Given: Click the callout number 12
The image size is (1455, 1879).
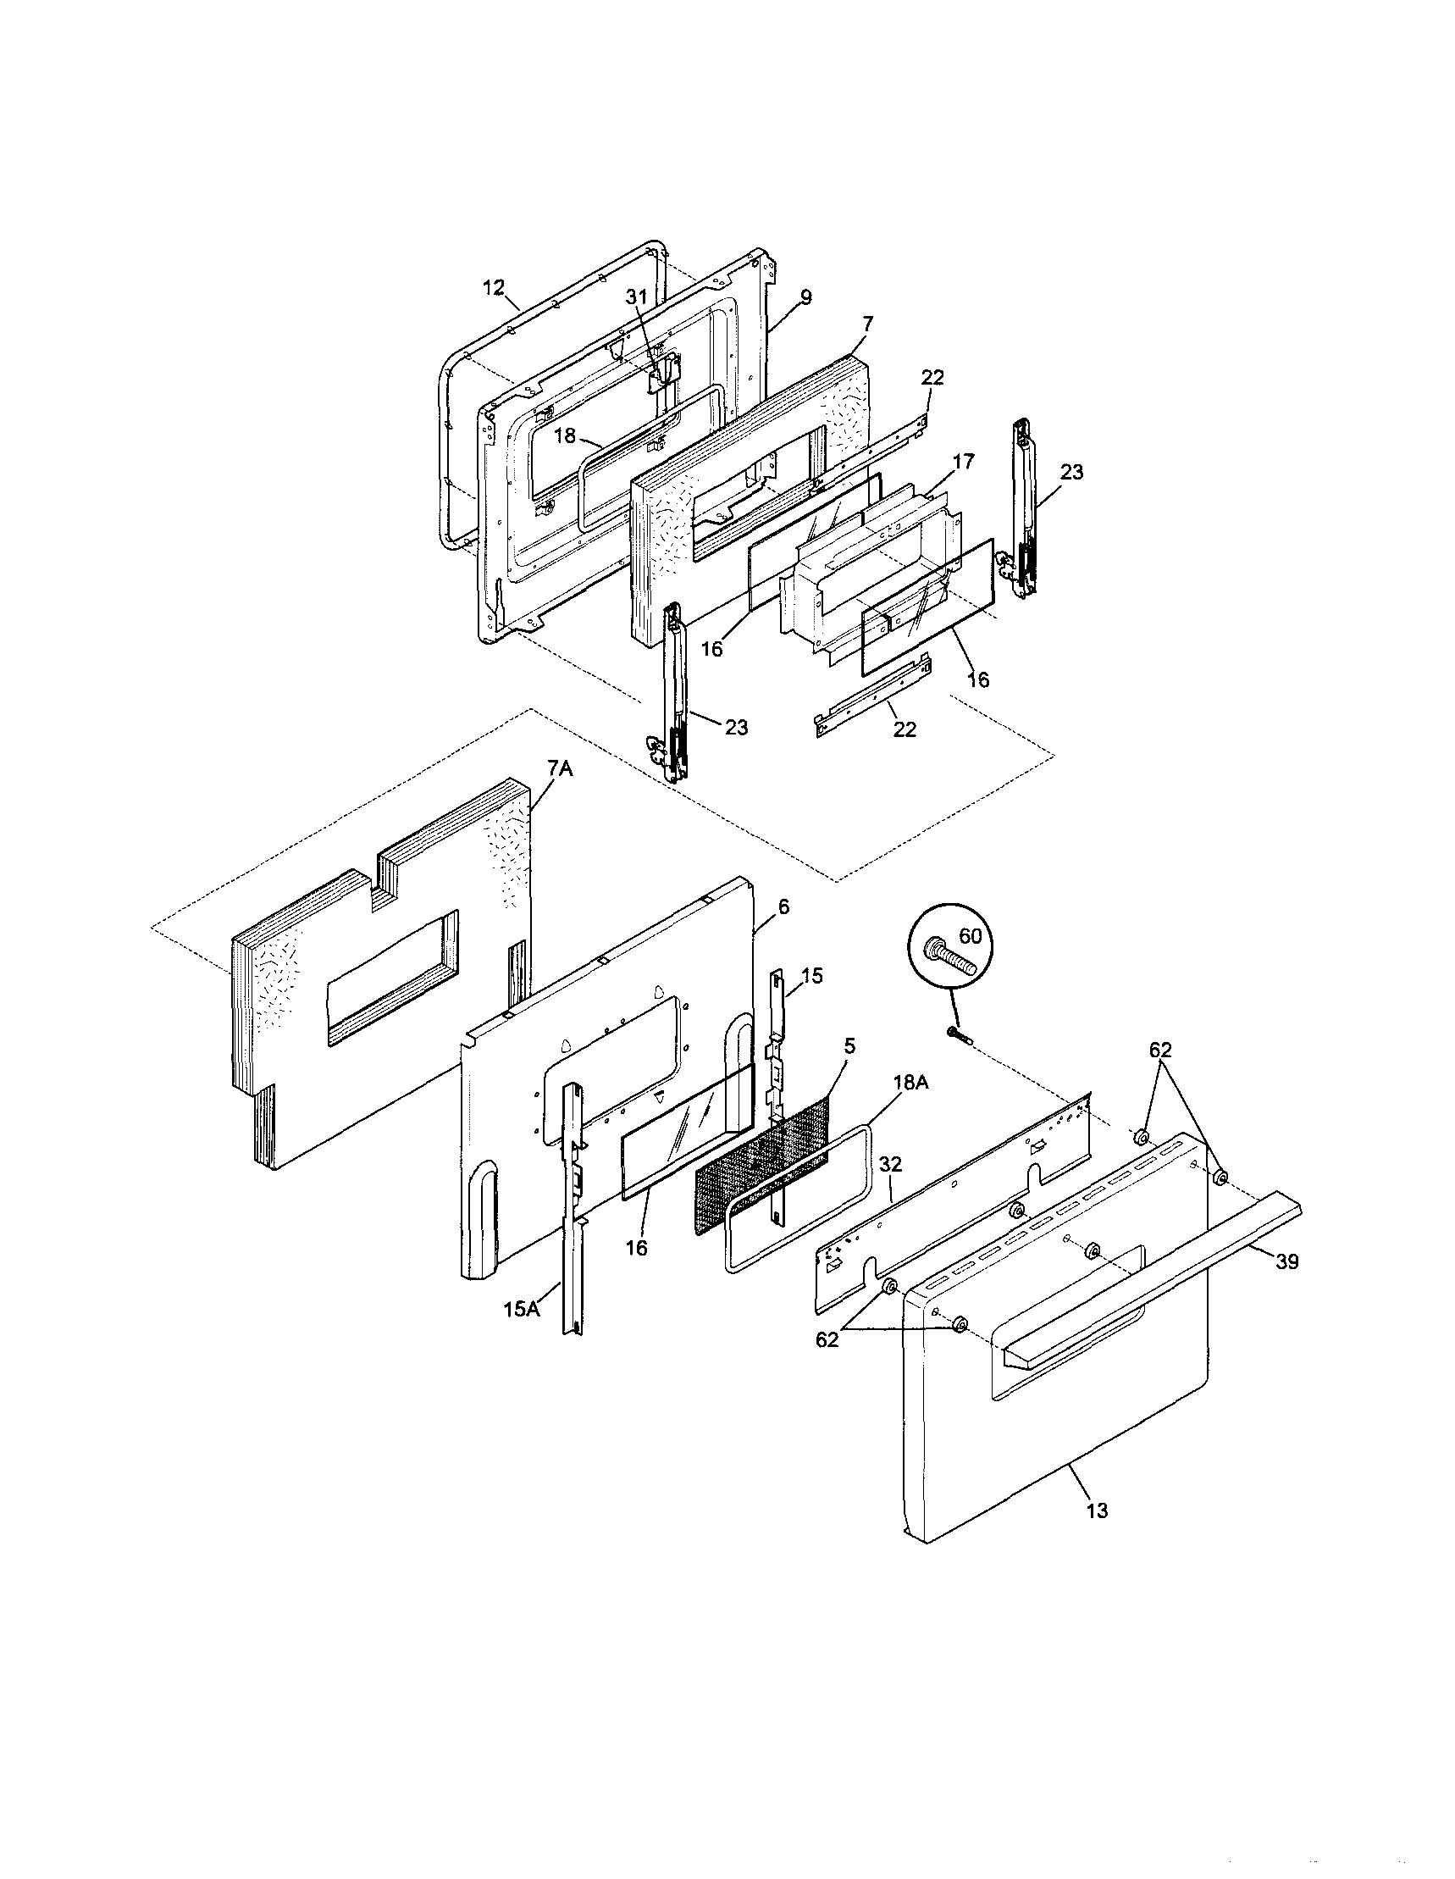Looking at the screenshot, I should coord(493,287).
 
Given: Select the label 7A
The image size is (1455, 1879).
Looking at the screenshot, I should coord(559,769).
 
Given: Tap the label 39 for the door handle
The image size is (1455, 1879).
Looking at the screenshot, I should coord(1286,1261).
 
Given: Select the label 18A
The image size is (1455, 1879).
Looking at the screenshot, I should coord(910,1084).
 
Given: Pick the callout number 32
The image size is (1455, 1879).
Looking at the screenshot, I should coord(891,1165).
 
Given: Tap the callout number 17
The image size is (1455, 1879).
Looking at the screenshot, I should coord(964,462).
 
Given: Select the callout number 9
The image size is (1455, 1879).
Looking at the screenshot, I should coord(805,297).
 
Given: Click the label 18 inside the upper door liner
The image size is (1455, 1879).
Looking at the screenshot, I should coord(564,436).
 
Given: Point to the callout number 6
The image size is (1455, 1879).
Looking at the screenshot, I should coord(783,906).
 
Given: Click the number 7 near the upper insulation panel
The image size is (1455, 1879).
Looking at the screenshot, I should coord(866,324).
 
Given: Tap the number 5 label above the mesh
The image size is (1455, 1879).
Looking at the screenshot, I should coord(849,1046).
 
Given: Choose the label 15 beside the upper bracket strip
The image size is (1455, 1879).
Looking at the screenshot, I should coord(812,976).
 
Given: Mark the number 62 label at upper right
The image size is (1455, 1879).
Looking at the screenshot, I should coord(1161,1050).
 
